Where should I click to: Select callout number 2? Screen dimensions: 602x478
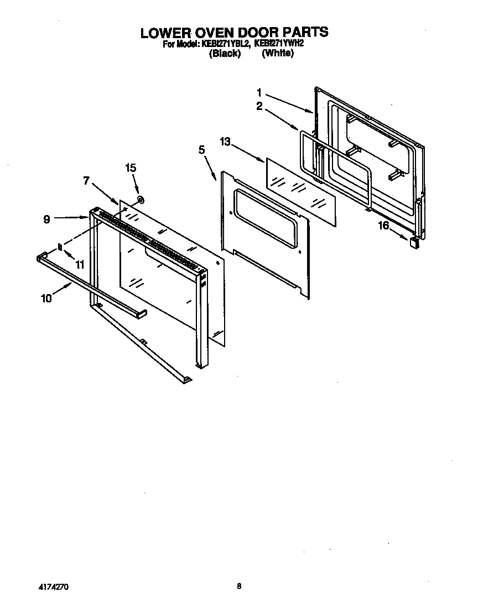point(259,106)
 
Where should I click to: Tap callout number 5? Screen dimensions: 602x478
point(201,149)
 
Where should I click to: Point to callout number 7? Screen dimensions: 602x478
point(86,180)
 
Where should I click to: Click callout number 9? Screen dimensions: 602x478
point(46,219)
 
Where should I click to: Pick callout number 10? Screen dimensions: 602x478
point(46,298)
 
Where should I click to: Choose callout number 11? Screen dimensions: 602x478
point(80,264)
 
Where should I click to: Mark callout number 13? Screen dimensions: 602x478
point(225,142)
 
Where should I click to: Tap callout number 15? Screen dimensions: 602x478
point(131,168)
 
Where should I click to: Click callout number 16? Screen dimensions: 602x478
point(383,226)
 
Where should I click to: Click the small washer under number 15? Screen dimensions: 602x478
point(141,199)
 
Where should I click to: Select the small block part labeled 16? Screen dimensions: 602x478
point(413,242)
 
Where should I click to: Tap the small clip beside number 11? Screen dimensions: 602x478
point(60,247)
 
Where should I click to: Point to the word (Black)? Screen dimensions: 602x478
point(225,54)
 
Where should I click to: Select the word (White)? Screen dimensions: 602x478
point(277,54)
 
